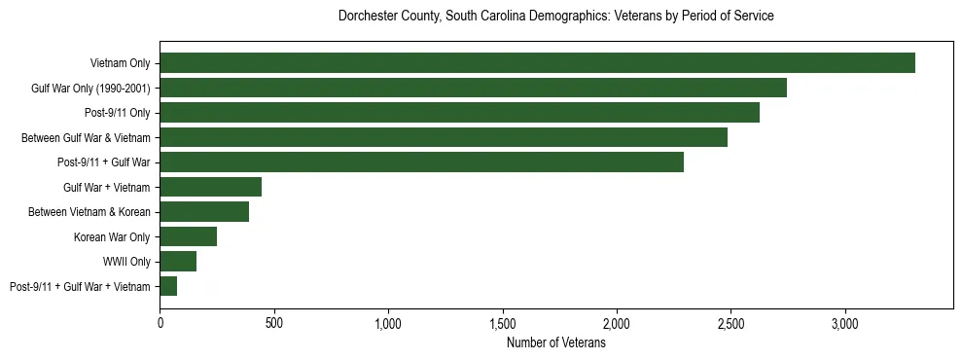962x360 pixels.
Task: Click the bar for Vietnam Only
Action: [537, 63]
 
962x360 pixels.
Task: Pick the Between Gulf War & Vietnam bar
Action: [444, 137]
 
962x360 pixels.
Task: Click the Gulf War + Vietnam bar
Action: [210, 187]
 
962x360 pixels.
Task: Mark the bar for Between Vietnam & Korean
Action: [204, 212]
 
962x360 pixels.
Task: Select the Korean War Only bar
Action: [188, 236]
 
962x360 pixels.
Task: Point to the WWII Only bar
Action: [178, 262]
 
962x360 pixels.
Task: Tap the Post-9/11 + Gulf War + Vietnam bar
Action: [168, 286]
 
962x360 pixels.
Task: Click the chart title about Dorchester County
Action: [555, 17]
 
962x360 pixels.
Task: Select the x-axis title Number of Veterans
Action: [555, 343]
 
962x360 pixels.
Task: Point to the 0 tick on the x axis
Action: [160, 323]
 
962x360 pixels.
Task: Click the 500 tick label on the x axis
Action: [274, 323]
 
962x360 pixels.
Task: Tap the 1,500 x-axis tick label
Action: [503, 323]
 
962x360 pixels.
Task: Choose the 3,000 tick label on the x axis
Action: [844, 323]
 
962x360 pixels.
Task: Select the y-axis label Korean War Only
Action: [111, 236]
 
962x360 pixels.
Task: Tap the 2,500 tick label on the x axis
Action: [730, 323]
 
